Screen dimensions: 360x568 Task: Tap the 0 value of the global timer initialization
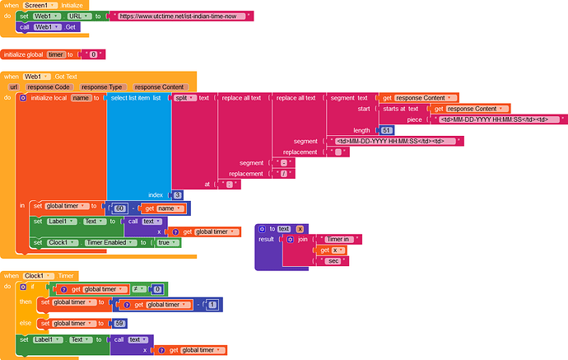click(x=93, y=54)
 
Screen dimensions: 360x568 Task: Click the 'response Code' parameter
click(x=50, y=86)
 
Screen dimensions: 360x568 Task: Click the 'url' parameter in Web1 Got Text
click(x=13, y=86)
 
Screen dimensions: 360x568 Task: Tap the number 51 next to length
click(x=387, y=130)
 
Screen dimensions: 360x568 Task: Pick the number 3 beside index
click(x=176, y=194)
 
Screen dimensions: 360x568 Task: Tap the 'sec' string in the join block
click(x=333, y=260)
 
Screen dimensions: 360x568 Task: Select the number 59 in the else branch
click(x=119, y=322)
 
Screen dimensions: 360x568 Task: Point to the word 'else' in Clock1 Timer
click(x=26, y=322)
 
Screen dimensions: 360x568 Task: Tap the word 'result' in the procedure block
click(x=267, y=239)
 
